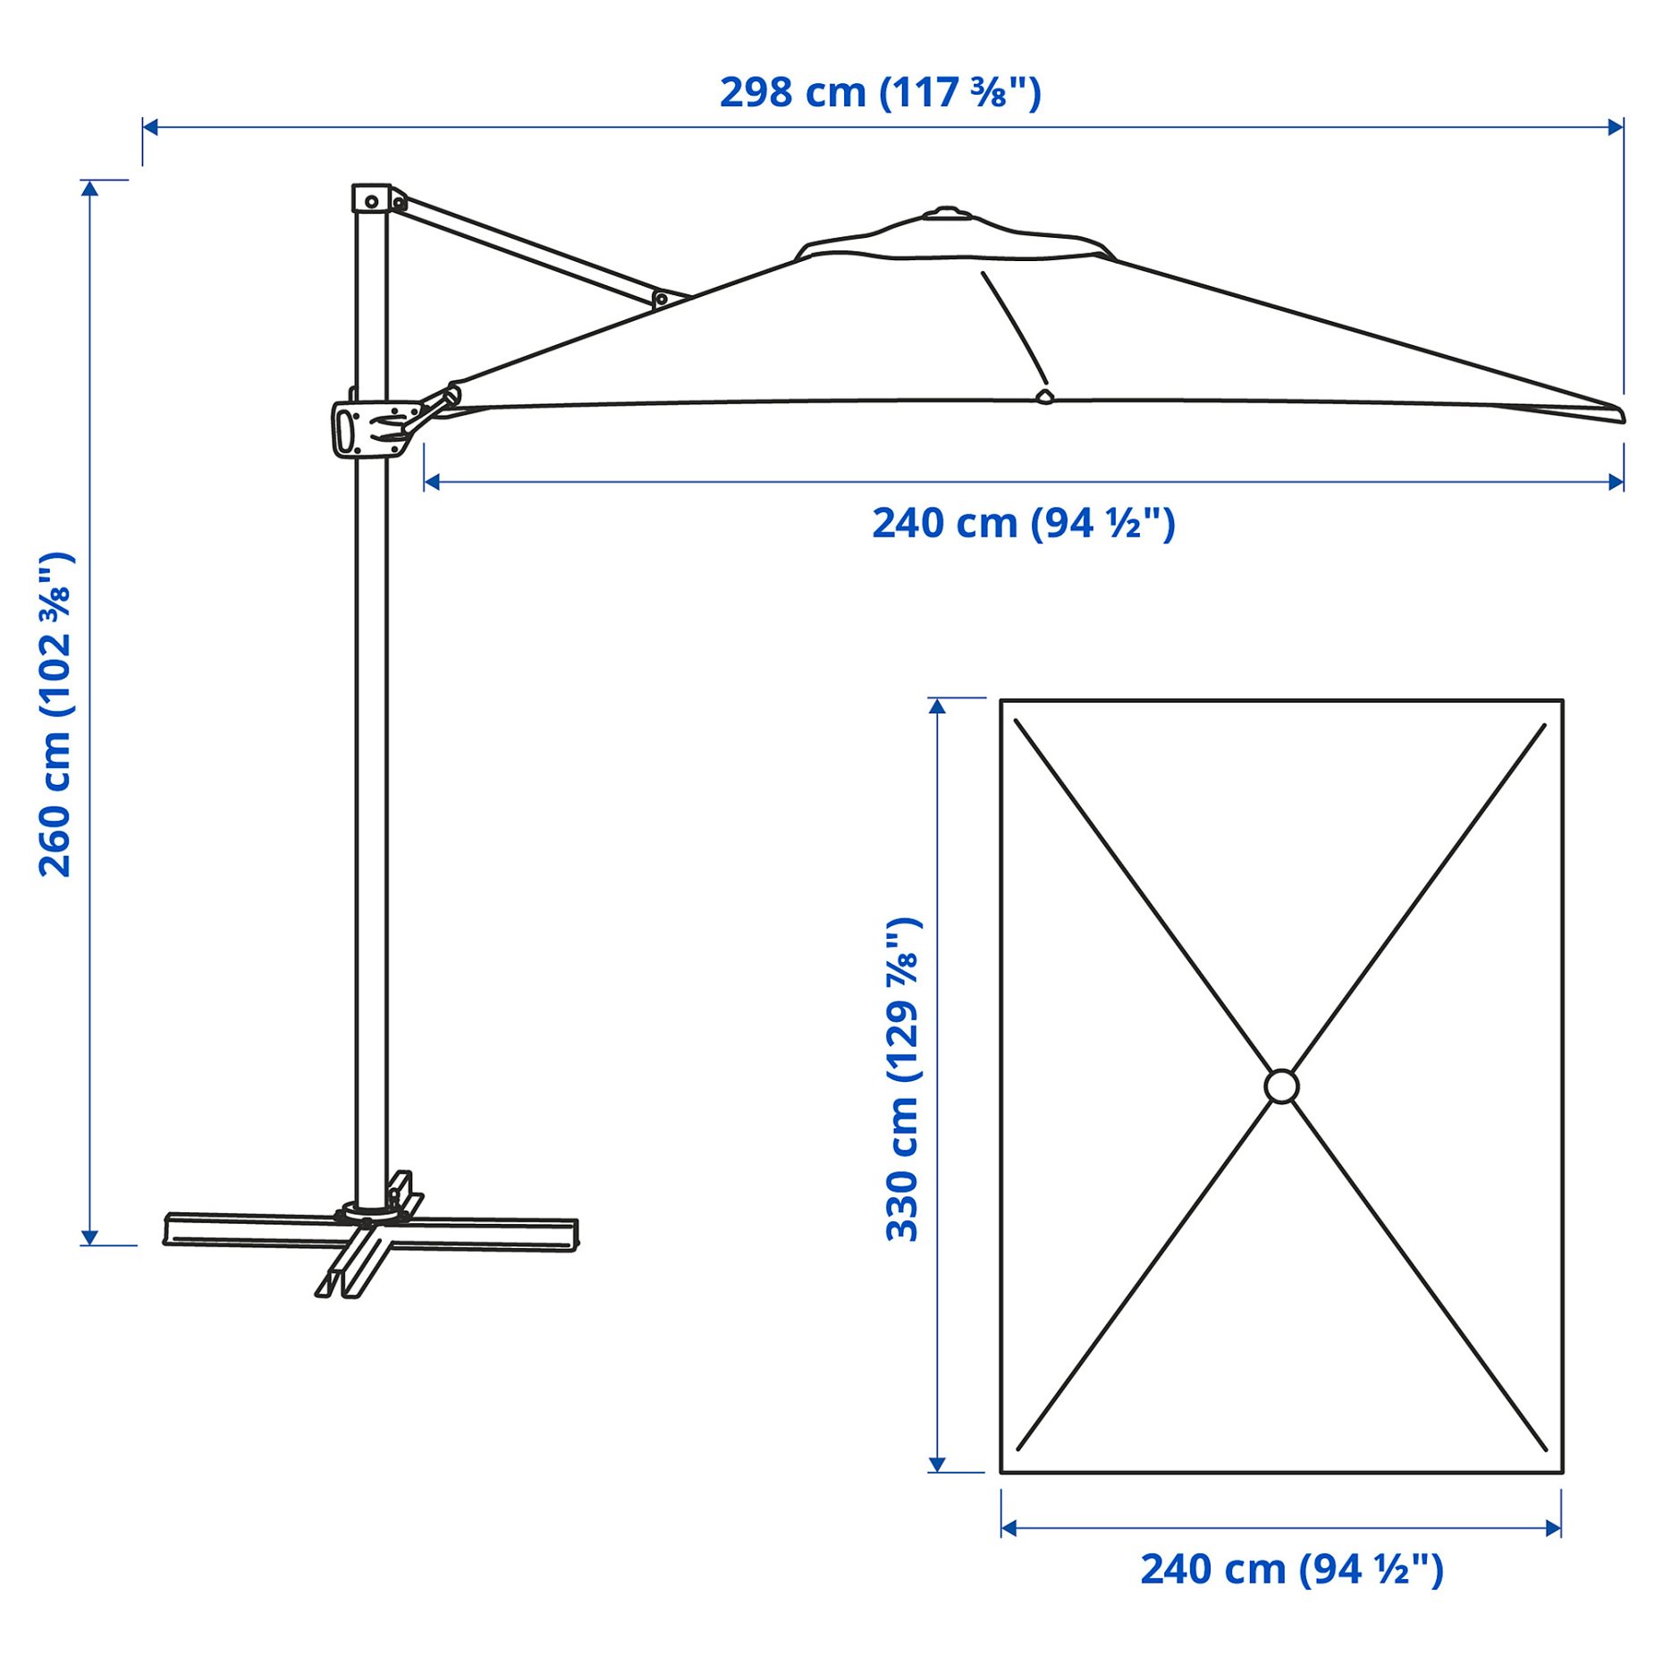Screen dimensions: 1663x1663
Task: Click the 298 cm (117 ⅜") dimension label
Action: pyautogui.click(x=880, y=93)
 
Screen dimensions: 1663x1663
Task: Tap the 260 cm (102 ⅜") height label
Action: pyautogui.click(x=55, y=714)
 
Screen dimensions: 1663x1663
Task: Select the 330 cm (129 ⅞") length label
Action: pyautogui.click(x=902, y=1079)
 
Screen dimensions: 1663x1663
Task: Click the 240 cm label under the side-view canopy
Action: pyautogui.click(x=1023, y=523)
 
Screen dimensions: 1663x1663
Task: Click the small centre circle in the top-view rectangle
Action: pyautogui.click(x=1280, y=1085)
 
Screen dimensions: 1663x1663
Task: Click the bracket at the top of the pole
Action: pyautogui.click(x=371, y=198)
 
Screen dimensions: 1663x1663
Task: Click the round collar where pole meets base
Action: pyautogui.click(x=368, y=1212)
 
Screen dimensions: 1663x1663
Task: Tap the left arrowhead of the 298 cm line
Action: pyautogui.click(x=149, y=127)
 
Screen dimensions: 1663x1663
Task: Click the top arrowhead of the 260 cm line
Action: pyautogui.click(x=89, y=187)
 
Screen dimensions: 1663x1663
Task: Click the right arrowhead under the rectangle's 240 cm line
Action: pyautogui.click(x=1554, y=1527)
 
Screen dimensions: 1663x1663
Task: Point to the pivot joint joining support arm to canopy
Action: pyautogui.click(x=661, y=299)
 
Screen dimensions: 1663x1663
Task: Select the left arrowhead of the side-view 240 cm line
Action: pyautogui.click(x=431, y=482)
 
